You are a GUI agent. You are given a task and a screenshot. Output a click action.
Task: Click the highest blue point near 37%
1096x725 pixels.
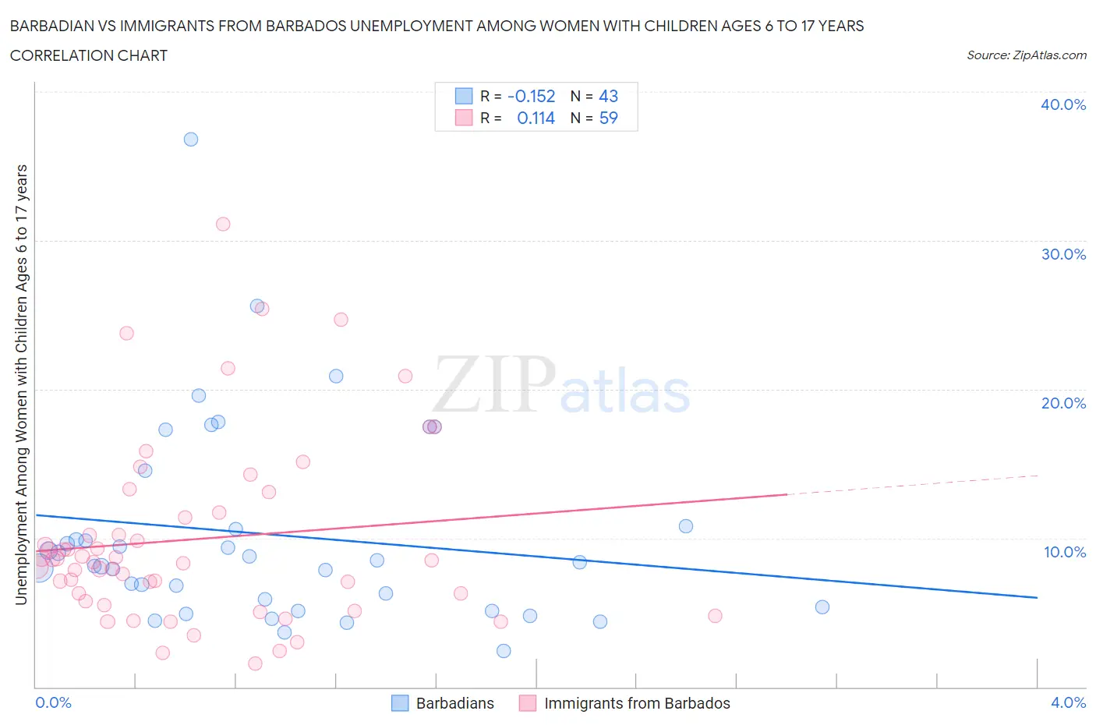191,140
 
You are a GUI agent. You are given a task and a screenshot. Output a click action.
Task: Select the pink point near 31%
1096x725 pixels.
223,224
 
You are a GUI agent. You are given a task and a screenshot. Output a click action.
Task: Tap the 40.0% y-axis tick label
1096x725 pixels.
1062,104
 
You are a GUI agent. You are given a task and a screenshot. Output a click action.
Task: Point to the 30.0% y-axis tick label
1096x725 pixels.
1062,254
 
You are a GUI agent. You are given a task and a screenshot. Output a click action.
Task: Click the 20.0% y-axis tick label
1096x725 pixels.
1062,403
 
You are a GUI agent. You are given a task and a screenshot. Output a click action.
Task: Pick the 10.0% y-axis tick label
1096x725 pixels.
1064,552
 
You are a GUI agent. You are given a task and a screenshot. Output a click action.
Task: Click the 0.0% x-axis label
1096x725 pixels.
54,702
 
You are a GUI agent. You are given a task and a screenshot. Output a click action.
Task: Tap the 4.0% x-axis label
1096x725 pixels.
1068,702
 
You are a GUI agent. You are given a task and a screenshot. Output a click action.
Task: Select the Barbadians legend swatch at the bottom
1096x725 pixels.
400,703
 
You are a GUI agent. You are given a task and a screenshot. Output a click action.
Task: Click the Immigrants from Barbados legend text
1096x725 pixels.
637,703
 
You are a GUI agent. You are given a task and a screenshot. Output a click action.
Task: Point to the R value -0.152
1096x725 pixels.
531,97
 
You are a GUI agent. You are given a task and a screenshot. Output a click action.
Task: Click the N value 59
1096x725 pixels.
608,118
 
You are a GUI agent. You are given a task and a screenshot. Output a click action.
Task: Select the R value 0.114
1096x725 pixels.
536,118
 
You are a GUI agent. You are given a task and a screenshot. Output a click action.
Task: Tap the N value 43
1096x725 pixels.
608,97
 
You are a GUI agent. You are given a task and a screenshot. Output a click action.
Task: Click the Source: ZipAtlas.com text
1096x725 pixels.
1026,55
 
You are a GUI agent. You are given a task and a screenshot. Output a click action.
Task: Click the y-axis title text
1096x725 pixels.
22,385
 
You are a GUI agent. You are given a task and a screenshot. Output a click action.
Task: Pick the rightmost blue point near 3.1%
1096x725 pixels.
822,607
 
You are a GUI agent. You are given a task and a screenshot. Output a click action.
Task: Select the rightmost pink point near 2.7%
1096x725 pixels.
715,616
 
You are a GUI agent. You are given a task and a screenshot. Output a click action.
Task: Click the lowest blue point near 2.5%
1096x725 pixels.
504,651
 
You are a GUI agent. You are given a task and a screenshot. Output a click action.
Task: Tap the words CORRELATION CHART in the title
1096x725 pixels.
89,56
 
